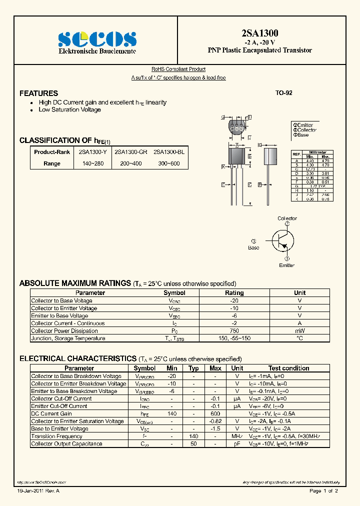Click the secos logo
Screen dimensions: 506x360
coord(97,39)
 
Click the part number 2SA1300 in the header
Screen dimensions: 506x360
coord(259,33)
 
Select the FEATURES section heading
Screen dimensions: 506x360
coord(38,93)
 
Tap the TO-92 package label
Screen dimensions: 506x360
coord(283,93)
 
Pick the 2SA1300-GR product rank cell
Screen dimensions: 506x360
coord(130,152)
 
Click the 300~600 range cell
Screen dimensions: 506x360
coord(169,163)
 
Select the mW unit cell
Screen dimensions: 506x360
coord(299,331)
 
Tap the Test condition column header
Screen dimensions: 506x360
coord(288,368)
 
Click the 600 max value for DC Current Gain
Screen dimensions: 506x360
coord(215,414)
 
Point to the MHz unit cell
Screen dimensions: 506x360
coord(237,436)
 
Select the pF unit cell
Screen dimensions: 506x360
coord(237,444)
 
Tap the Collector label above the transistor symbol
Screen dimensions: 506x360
coord(287,218)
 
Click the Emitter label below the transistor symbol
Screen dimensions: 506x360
coord(287,265)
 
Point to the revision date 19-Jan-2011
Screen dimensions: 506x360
coord(30,491)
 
